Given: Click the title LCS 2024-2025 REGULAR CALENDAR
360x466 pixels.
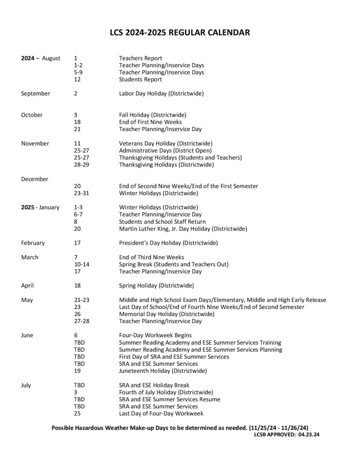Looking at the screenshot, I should [180, 32].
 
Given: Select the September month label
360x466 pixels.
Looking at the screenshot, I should [36, 94].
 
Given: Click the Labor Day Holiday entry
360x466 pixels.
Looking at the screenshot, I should [161, 94].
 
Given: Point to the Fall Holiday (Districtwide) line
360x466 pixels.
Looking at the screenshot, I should [152, 115].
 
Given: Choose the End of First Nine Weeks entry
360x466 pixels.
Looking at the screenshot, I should [150, 122].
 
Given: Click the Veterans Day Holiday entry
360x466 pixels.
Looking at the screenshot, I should [165, 143].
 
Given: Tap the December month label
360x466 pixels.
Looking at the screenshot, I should [35, 179].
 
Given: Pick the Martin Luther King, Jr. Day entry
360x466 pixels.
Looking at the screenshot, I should [183, 229].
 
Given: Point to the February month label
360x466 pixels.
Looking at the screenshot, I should [33, 243].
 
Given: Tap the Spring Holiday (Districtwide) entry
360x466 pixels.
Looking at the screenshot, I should [156, 286].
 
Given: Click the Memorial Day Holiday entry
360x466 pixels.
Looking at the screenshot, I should [166, 314].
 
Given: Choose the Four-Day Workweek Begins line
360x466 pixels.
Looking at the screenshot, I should [155, 336].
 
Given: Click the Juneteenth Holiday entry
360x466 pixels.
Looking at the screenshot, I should [163, 371].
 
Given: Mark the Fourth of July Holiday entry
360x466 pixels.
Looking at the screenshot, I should [166, 392].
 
